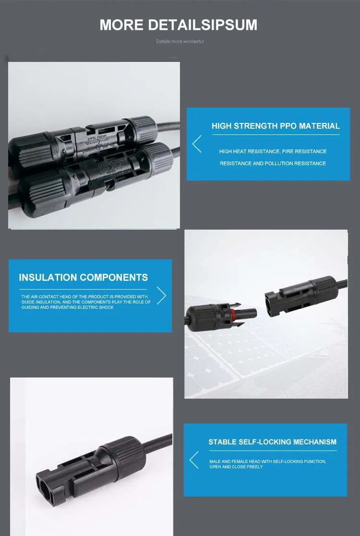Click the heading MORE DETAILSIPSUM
[x=178, y=25]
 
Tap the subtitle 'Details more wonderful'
[x=180, y=41]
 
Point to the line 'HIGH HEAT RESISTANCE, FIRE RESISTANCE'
[x=273, y=151]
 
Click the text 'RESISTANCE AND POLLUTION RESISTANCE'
[x=273, y=163]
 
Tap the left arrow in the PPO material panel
[x=197, y=144]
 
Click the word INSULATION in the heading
[x=48, y=277]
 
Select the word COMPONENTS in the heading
[x=114, y=277]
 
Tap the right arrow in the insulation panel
[x=161, y=295]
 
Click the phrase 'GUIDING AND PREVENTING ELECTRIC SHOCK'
[x=68, y=307]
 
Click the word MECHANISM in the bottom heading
[x=315, y=442]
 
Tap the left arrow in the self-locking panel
[x=194, y=460]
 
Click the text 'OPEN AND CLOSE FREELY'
[x=236, y=467]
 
